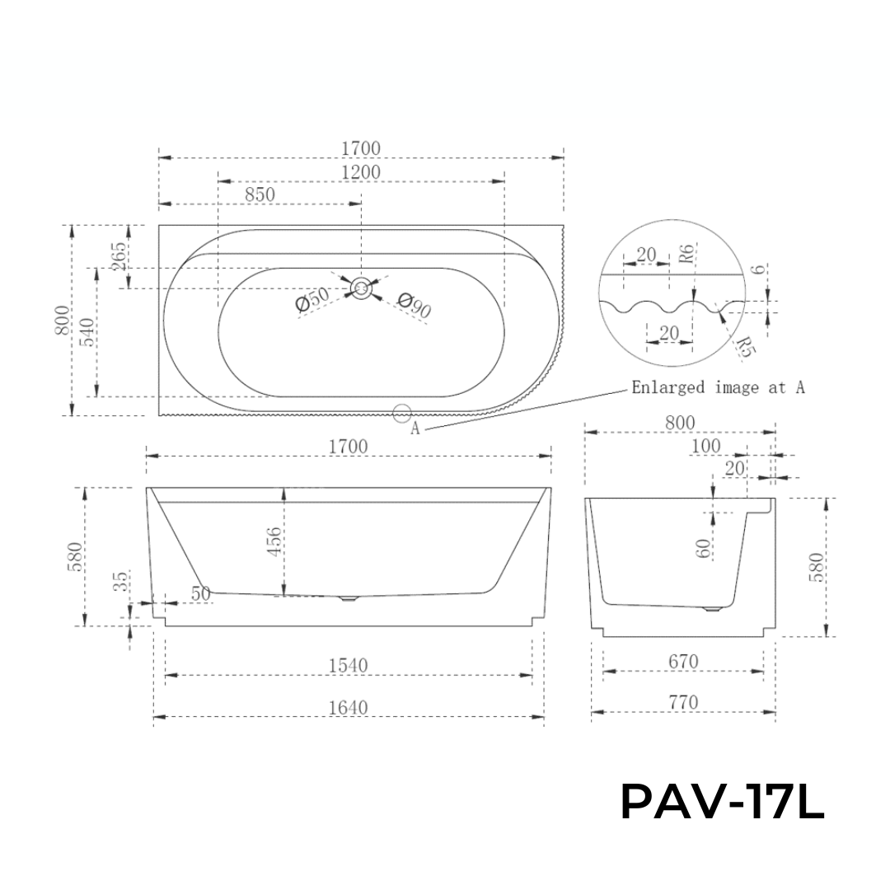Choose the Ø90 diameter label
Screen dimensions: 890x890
click(414, 305)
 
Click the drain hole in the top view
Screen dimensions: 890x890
click(361, 288)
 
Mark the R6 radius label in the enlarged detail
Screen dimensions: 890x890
click(686, 254)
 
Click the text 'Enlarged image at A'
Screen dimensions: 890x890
click(718, 387)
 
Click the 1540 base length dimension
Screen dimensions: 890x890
click(349, 664)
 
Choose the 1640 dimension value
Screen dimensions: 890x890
click(349, 707)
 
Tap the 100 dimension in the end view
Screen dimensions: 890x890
click(705, 446)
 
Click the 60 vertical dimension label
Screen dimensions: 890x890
click(703, 549)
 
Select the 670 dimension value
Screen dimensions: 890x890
click(683, 661)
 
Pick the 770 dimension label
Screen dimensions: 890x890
click(683, 702)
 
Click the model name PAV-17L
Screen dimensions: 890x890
click(722, 802)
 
